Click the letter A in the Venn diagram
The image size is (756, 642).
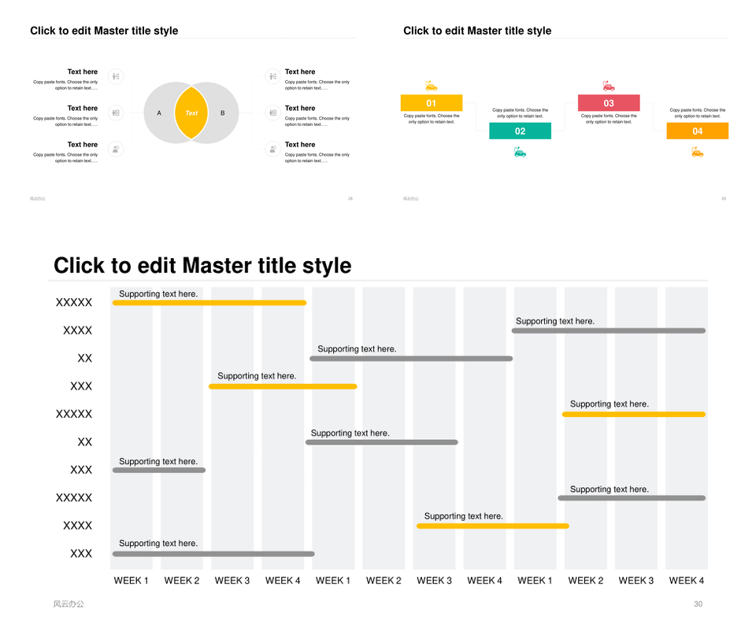pyautogui.click(x=159, y=113)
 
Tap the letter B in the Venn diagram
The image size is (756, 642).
pyautogui.click(x=223, y=113)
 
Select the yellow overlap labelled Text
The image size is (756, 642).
pyautogui.click(x=191, y=113)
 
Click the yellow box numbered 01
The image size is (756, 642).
pyautogui.click(x=432, y=103)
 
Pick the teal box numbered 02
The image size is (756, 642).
pyautogui.click(x=520, y=131)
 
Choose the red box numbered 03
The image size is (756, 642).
pyautogui.click(x=609, y=103)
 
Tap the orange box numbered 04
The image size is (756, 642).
pyautogui.click(x=697, y=131)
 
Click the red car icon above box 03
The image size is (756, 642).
pyautogui.click(x=608, y=86)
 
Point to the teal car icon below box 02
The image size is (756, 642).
pyautogui.click(x=520, y=152)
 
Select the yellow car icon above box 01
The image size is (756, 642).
pyautogui.click(x=431, y=86)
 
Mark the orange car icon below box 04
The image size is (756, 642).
pyautogui.click(x=697, y=152)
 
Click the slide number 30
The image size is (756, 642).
pyautogui.click(x=698, y=604)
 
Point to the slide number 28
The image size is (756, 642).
pyautogui.click(x=350, y=198)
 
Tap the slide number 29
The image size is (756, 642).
pyautogui.click(x=723, y=198)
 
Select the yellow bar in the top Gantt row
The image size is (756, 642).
pyautogui.click(x=209, y=303)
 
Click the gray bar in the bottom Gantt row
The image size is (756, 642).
pyautogui.click(x=213, y=554)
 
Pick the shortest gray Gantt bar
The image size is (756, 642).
pyautogui.click(x=159, y=470)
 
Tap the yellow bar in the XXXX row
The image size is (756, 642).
pyautogui.click(x=492, y=526)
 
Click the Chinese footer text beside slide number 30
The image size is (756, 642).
pyautogui.click(x=69, y=604)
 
